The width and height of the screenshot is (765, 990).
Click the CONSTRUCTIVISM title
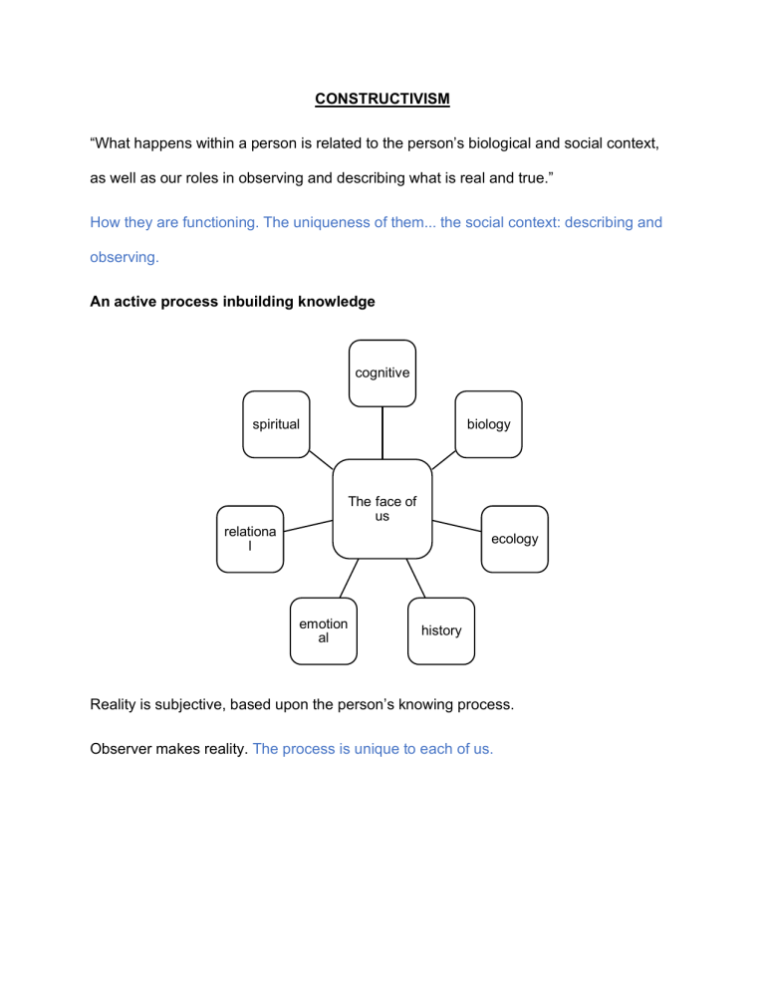tap(382, 99)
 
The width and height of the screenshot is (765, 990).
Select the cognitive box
tap(382, 373)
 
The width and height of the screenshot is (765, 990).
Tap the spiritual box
tap(276, 424)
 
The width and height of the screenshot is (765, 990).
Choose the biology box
tap(488, 424)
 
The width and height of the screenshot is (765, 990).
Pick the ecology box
tap(515, 539)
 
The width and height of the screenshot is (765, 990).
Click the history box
tap(441, 630)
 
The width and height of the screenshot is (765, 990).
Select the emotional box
tap(324, 630)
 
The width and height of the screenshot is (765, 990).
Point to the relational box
tap(250, 539)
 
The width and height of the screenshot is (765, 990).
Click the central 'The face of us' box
tap(382, 509)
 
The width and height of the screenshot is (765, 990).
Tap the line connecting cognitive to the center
tap(382, 433)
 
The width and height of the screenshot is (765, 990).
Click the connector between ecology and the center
tap(457, 526)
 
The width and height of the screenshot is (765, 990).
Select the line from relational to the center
tap(308, 526)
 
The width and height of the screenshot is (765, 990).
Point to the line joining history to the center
tap(415, 579)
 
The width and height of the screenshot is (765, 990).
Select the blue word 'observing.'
tap(125, 257)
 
